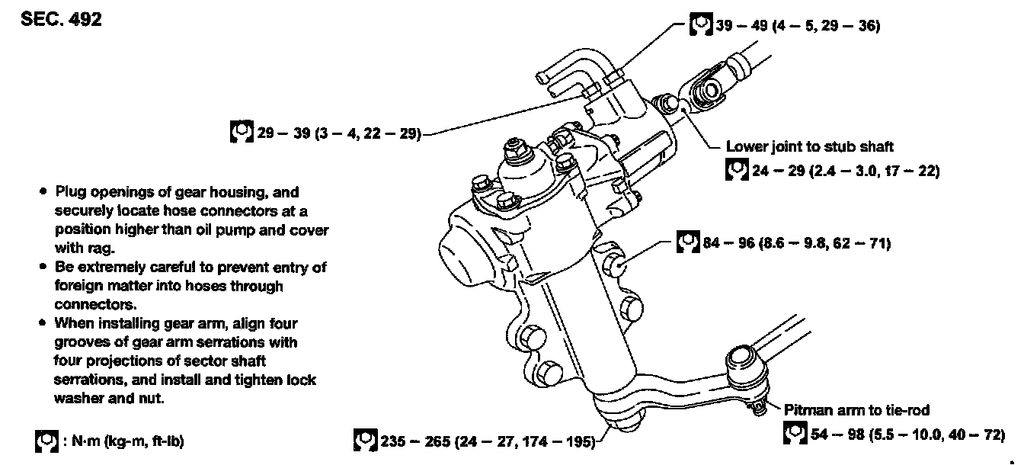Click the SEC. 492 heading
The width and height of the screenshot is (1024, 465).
point(61,19)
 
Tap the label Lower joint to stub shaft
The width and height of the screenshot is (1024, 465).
point(809,146)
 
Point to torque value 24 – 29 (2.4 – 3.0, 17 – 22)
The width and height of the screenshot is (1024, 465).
point(844,171)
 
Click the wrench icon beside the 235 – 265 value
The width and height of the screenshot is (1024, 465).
point(365,440)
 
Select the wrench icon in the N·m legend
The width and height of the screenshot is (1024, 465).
point(46,441)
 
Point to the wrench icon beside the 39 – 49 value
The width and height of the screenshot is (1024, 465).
point(700,24)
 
